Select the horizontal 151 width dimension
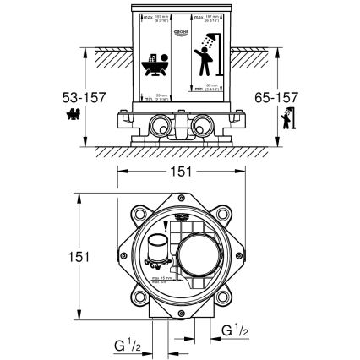(181, 171)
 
